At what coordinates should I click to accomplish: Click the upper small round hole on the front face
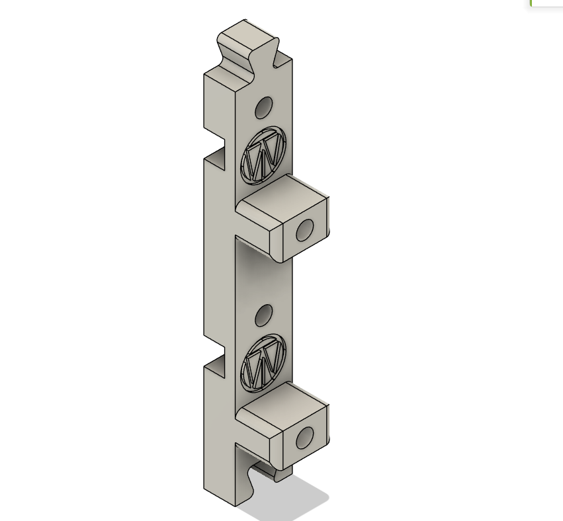[x=263, y=108]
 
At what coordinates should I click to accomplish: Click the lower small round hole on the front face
[x=263, y=315]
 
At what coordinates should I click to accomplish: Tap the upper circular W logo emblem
[x=263, y=155]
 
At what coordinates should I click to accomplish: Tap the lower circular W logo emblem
[x=263, y=362]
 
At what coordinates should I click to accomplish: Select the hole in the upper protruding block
[x=304, y=230]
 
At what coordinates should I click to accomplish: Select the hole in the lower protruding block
[x=304, y=438]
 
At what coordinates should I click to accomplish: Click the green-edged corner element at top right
[x=546, y=3]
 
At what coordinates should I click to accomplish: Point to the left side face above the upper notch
[x=218, y=106]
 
